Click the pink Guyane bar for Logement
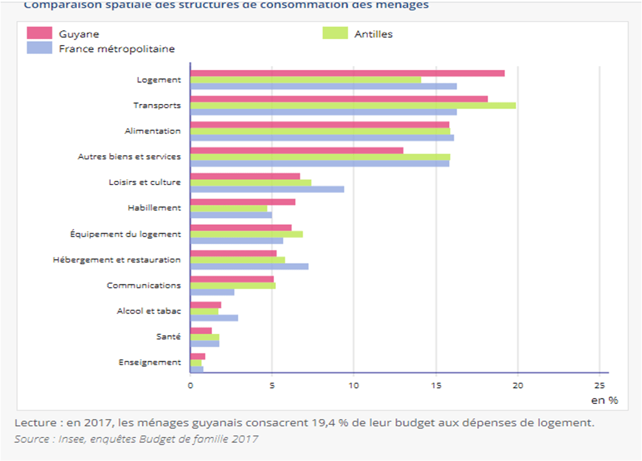(347, 73)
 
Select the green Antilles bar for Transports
(353, 106)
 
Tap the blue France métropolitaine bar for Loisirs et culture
(267, 189)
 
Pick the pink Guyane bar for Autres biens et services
(296, 150)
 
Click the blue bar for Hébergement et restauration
(249, 266)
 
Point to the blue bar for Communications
(212, 292)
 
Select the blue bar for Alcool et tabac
(214, 318)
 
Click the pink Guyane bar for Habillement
(242, 202)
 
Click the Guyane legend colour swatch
(40, 33)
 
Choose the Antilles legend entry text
(373, 34)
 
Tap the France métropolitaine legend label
(117, 49)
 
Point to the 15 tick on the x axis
(436, 386)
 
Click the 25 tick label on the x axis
(599, 386)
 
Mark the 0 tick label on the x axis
(191, 386)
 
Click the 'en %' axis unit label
(604, 400)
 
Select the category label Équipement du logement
(126, 234)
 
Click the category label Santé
(168, 337)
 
